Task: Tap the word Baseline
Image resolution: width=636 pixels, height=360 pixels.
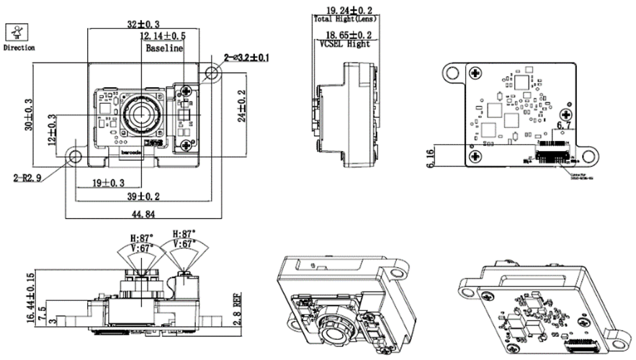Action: pos(164,49)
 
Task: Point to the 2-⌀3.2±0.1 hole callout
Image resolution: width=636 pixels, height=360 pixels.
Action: pos(246,57)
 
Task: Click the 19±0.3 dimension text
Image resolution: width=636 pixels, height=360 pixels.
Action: pos(108,183)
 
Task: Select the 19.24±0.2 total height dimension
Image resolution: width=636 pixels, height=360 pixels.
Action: pos(349,11)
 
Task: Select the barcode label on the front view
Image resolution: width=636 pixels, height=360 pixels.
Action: pos(130,152)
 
